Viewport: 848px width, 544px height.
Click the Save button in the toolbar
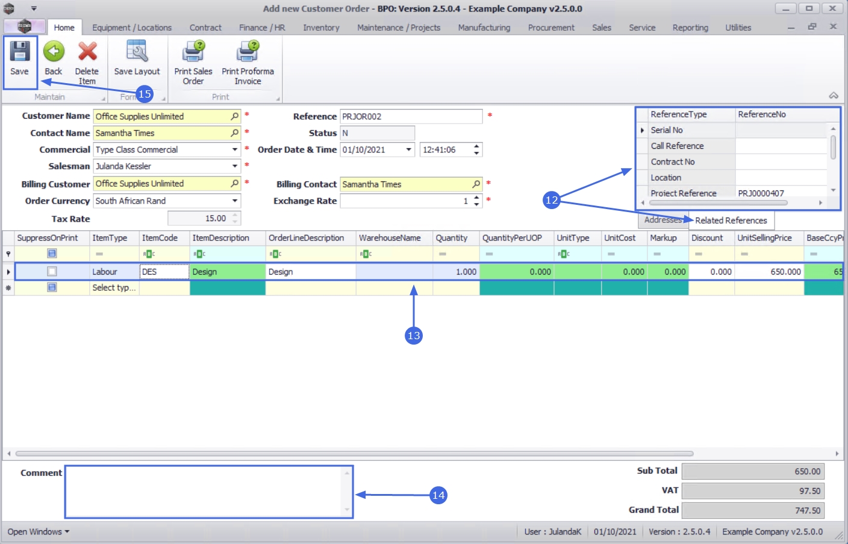19,58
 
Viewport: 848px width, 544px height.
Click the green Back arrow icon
54,52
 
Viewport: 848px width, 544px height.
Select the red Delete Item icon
87,52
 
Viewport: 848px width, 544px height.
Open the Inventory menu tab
321,28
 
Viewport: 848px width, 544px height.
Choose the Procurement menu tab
551,28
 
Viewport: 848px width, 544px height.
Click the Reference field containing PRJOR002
411,116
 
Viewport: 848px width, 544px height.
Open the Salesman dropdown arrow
235,166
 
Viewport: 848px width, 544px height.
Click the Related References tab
731,220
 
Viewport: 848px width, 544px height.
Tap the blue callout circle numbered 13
414,336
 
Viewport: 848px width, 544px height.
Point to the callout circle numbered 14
438,495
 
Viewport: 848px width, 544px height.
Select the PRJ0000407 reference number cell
761,193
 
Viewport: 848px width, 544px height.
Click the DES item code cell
164,272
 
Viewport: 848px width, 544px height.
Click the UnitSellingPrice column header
764,238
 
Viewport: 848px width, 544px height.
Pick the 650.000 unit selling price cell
769,272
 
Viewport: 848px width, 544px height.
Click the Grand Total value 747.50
752,510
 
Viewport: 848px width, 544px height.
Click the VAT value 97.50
752,491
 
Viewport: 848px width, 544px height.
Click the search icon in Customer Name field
234,116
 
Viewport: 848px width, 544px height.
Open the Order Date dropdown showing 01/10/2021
409,150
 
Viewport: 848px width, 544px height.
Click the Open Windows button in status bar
39,531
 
